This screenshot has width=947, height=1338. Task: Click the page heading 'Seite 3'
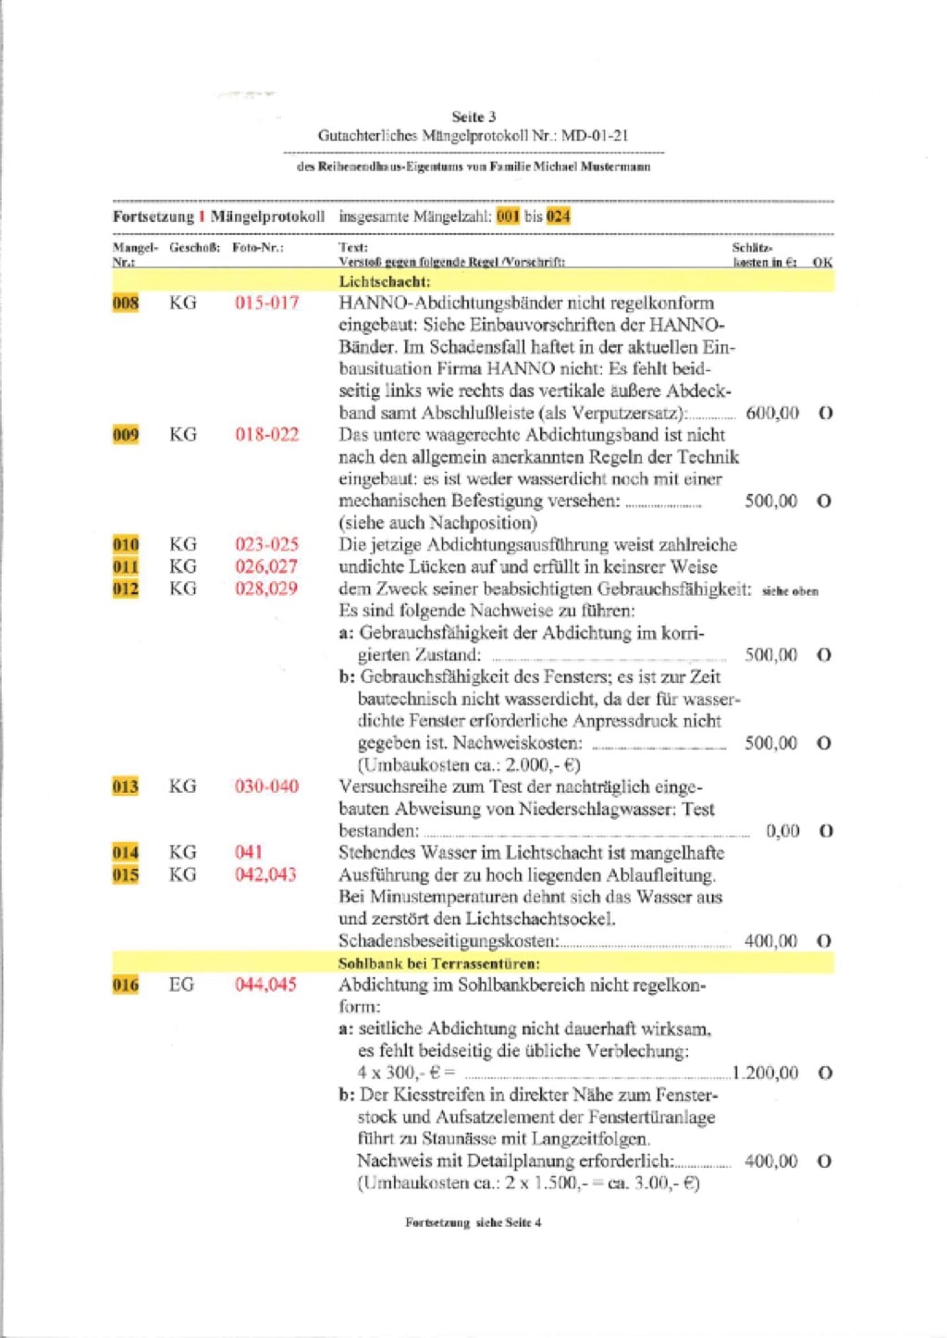473,117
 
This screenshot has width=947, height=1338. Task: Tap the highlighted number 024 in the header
558,217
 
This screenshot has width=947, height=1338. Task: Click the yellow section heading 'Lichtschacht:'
384,281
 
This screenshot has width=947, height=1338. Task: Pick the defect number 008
126,303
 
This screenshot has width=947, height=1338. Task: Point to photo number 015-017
266,303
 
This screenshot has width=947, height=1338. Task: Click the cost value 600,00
772,413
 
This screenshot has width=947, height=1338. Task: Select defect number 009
126,435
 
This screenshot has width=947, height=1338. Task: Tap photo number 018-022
266,435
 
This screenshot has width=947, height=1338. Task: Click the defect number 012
126,588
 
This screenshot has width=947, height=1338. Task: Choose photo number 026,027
266,566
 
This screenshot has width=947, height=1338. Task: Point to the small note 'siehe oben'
790,591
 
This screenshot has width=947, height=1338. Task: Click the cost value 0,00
782,831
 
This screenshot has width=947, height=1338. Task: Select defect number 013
126,787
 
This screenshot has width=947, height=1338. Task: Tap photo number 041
249,852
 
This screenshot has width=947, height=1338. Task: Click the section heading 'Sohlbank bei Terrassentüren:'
439,963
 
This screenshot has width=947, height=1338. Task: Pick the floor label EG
181,985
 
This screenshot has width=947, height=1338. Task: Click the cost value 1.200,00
766,1072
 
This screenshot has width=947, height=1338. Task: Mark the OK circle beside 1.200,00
825,1073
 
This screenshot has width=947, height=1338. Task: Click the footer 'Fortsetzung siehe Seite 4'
473,1222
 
